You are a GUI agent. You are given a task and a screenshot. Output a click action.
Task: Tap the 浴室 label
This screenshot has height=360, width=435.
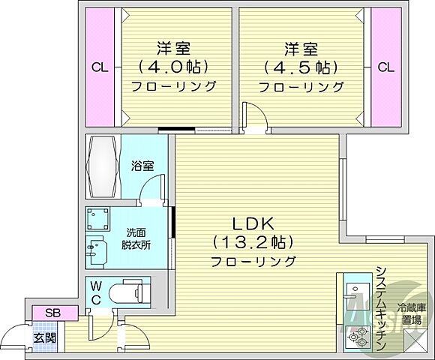143,163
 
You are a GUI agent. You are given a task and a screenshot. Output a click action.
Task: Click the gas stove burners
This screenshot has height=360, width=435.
353,335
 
